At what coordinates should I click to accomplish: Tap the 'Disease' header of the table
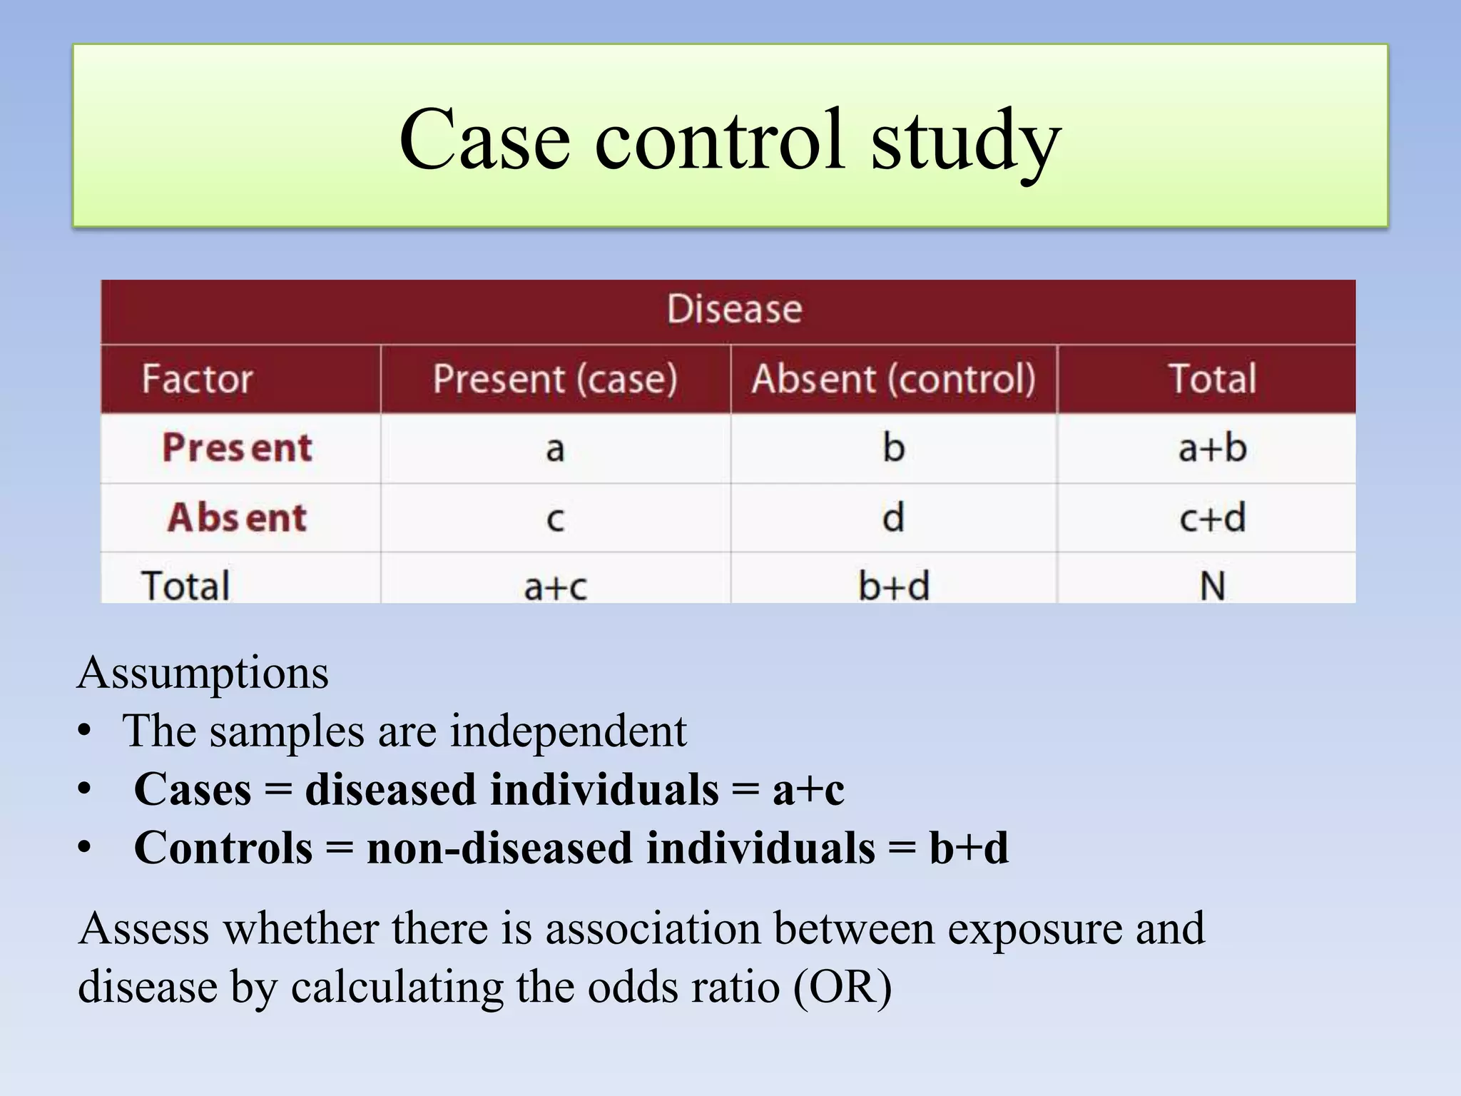point(734,310)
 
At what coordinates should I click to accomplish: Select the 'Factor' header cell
point(197,378)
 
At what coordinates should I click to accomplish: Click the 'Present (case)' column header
point(555,378)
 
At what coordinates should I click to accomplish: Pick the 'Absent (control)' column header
point(893,378)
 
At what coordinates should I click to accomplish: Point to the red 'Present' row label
point(237,448)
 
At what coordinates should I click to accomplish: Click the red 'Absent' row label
point(237,517)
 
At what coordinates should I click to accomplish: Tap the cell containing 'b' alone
point(893,448)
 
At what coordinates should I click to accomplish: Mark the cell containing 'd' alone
point(893,517)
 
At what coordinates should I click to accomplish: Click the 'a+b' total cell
point(1212,448)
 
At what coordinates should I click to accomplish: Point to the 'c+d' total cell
point(1212,517)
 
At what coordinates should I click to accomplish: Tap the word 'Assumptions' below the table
point(203,674)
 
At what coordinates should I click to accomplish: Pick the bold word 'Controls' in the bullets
point(223,848)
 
